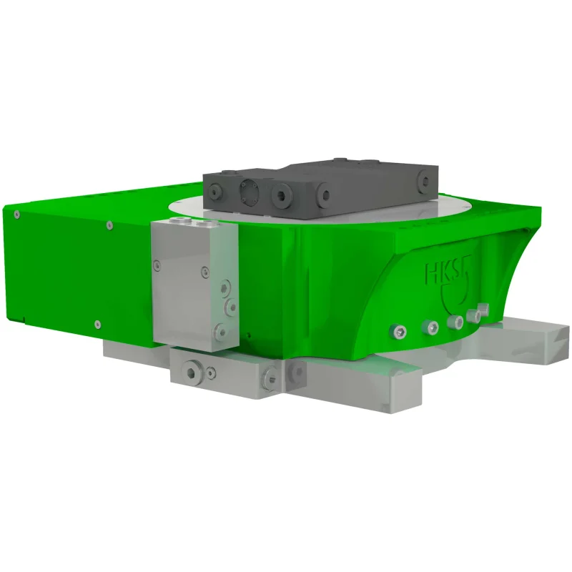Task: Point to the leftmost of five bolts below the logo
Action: pyautogui.click(x=400, y=332)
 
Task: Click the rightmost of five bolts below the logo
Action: pyautogui.click(x=484, y=309)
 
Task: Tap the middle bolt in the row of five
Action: pyautogui.click(x=455, y=322)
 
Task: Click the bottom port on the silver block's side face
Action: pyautogui.click(x=220, y=331)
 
